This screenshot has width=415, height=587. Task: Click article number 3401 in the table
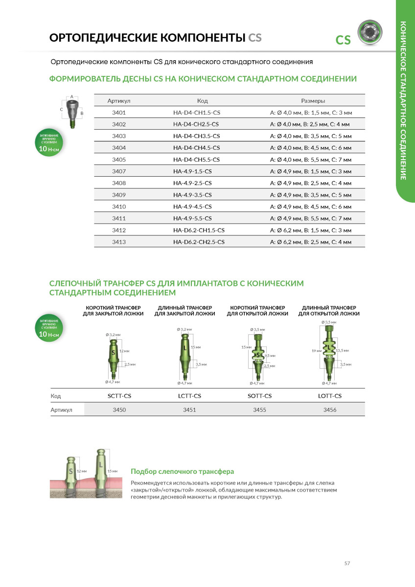click(x=119, y=113)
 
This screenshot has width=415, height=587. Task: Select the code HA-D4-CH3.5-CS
click(x=196, y=136)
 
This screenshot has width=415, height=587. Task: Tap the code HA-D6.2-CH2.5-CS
click(x=199, y=242)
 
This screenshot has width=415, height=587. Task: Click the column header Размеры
click(x=313, y=101)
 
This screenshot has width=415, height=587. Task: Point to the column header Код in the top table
click(x=203, y=101)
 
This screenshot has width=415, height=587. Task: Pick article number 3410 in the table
click(x=119, y=207)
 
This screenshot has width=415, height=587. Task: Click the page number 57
click(x=347, y=564)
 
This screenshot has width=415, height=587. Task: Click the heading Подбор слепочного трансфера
click(x=182, y=471)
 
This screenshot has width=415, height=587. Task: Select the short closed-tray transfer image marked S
click(x=114, y=357)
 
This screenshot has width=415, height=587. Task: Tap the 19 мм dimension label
click(x=316, y=351)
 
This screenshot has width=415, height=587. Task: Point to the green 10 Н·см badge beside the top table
click(x=49, y=142)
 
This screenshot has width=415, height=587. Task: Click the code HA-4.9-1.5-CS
click(x=192, y=171)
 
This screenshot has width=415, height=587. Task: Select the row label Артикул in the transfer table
click(x=62, y=410)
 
